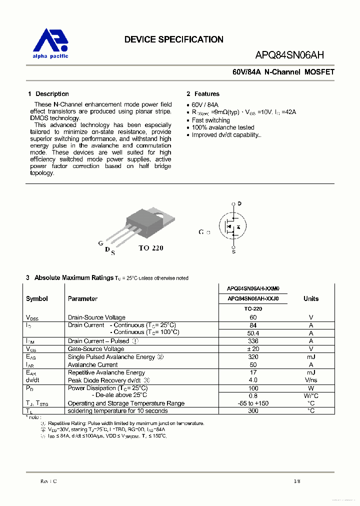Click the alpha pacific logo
(x=50, y=43)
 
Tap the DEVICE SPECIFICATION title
(x=173, y=39)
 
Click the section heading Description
(x=52, y=94)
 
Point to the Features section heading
(x=206, y=94)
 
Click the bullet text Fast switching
(x=210, y=120)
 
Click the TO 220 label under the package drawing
(x=150, y=248)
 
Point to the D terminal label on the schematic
(x=239, y=203)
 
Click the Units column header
(x=310, y=298)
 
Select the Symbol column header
(x=37, y=298)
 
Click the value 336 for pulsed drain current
(x=253, y=341)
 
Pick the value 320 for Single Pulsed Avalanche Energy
(x=253, y=357)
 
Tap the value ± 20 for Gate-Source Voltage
(x=253, y=349)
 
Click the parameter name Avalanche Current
(x=92, y=365)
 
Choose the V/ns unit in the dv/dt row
(x=310, y=380)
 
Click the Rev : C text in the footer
(x=48, y=481)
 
